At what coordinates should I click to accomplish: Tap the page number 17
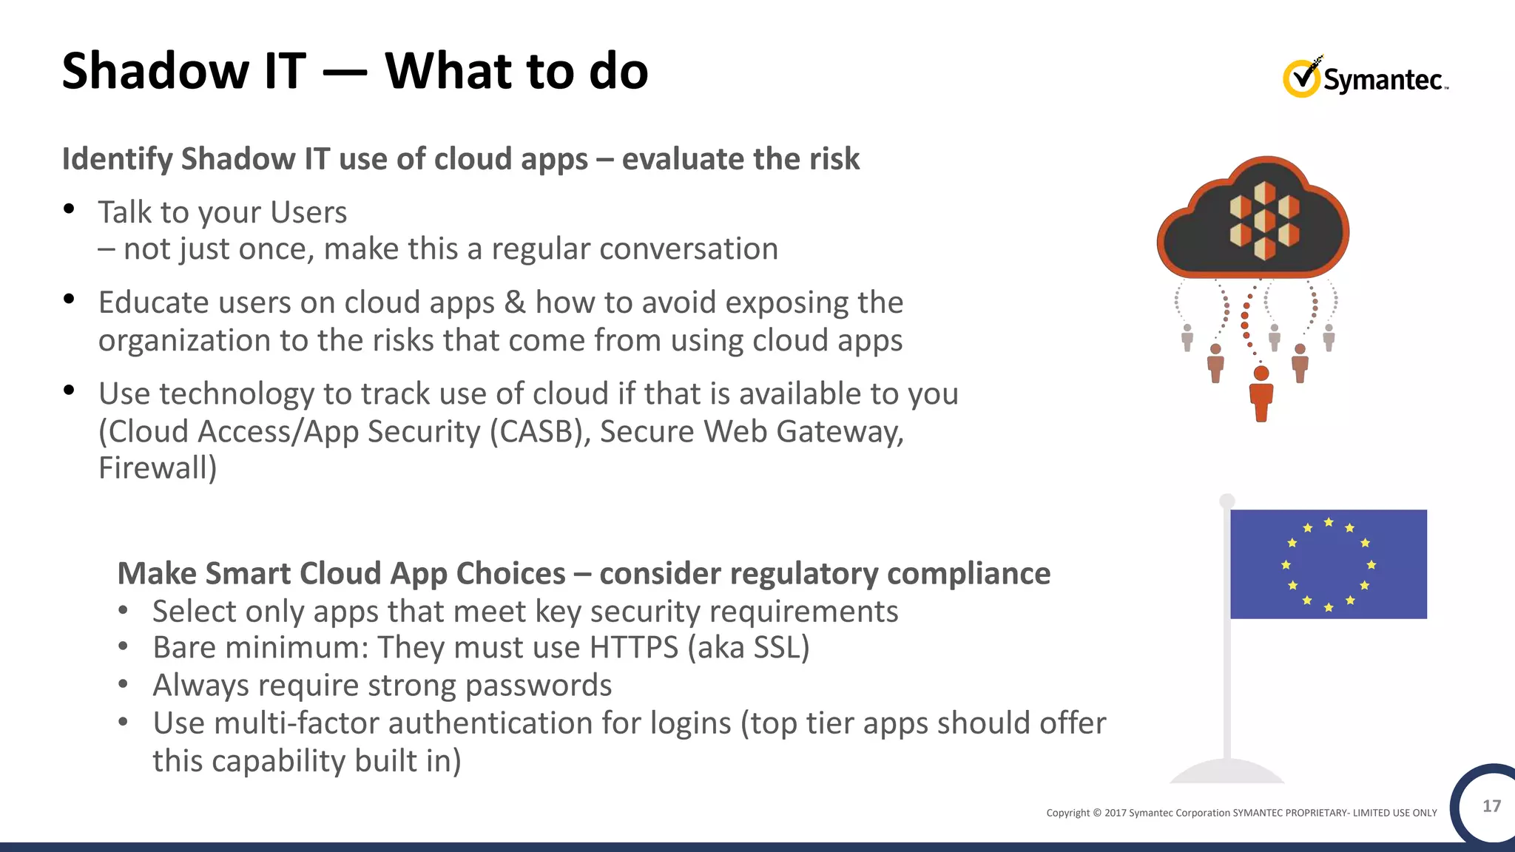[x=1491, y=805]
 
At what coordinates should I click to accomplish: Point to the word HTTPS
[x=633, y=648]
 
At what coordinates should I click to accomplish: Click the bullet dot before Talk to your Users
[x=69, y=209]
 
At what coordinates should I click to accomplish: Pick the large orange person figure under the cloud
[x=1261, y=393]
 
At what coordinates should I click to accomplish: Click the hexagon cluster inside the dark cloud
[x=1264, y=220]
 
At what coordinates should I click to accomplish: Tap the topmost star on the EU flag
[x=1329, y=522]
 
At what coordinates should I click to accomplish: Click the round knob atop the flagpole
[x=1227, y=501]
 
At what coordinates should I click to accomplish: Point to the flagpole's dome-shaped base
[x=1227, y=773]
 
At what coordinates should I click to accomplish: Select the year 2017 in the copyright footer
[x=1115, y=813]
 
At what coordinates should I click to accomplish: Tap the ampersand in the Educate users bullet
[x=515, y=302]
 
